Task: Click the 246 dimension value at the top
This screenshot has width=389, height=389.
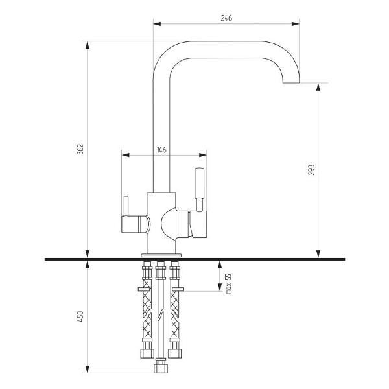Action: pos(226,18)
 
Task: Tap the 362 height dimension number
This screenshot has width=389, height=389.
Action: pos(80,149)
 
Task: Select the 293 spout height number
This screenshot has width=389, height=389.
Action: pos(311,170)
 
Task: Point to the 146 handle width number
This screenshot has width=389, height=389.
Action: pos(161,150)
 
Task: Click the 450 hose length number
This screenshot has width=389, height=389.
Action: pos(80,316)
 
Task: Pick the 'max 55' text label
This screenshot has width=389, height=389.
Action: pos(228,284)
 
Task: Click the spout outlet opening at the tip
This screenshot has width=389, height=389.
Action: pos(291,82)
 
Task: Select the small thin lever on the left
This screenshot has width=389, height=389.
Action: pos(126,206)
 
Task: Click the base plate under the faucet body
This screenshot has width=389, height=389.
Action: pos(161,255)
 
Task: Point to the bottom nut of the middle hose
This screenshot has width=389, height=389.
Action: pos(161,368)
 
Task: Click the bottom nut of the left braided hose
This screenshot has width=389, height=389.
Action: pos(147,353)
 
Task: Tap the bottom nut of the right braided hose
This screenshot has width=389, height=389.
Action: pos(175,353)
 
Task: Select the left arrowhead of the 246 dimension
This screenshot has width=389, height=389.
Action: pos(157,24)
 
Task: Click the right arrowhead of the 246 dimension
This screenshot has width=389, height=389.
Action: pos(296,24)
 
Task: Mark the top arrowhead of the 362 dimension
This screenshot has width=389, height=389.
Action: pos(88,45)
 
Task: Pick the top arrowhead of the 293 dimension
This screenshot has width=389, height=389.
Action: pos(318,87)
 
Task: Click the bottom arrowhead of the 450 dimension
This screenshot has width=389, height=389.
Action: pos(88,369)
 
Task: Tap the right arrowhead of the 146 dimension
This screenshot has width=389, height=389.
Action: pos(203,155)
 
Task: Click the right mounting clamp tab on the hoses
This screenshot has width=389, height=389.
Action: pos(178,289)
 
